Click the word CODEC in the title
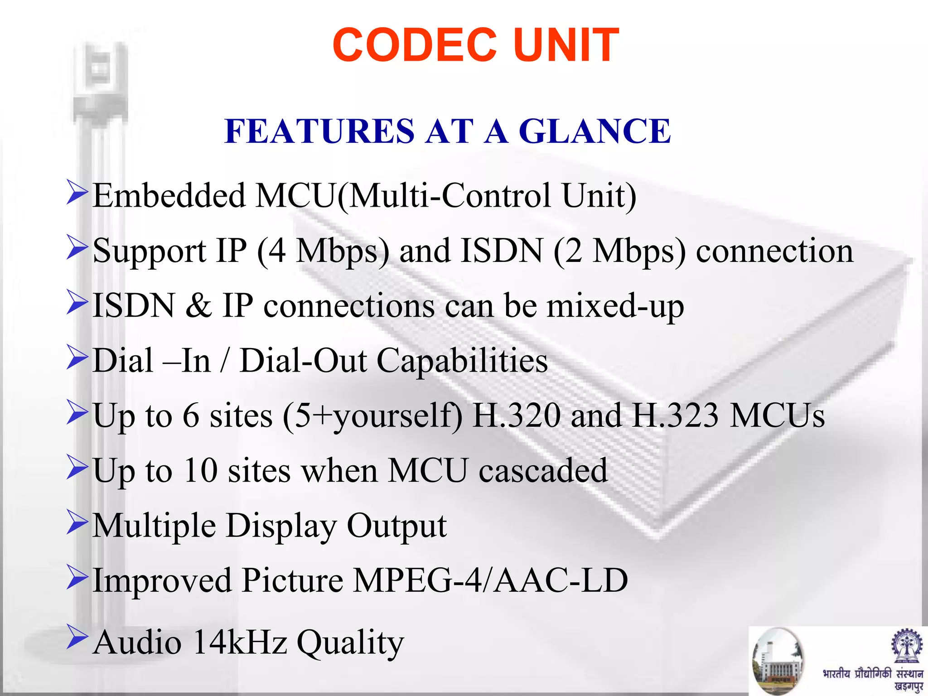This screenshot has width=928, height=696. click(x=414, y=45)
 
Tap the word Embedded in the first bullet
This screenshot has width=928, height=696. click(x=169, y=196)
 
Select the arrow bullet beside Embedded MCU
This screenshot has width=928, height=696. click(x=77, y=192)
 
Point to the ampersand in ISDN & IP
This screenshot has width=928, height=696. click(x=198, y=306)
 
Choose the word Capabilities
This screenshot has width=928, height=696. click(x=462, y=361)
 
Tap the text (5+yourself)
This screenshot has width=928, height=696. click(x=372, y=416)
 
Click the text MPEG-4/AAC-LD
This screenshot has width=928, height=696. click(x=490, y=580)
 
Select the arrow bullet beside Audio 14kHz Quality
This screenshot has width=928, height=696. click(x=77, y=636)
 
